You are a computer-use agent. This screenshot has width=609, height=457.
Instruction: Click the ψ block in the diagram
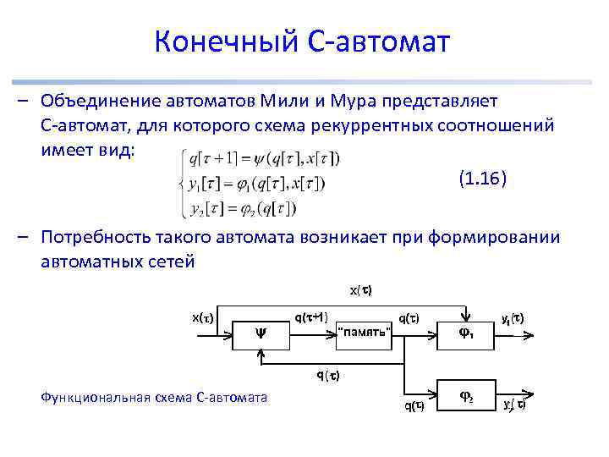click(x=261, y=333)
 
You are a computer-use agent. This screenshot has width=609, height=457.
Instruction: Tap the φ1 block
click(x=464, y=333)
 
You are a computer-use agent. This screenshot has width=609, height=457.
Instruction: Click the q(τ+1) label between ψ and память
click(x=311, y=317)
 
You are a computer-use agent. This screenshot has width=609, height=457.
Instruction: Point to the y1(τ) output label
click(x=512, y=318)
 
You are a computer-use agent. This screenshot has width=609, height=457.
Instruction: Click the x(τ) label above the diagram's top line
click(x=361, y=290)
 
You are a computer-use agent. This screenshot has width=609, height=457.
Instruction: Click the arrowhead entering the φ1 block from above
click(x=464, y=317)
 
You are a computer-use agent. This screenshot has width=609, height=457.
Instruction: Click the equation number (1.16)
click(x=483, y=179)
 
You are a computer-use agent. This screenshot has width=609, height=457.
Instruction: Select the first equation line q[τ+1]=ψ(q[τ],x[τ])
click(x=264, y=158)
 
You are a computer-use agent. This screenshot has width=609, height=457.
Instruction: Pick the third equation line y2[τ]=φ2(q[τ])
click(x=243, y=207)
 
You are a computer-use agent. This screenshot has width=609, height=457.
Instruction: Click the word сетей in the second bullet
click(x=172, y=262)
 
